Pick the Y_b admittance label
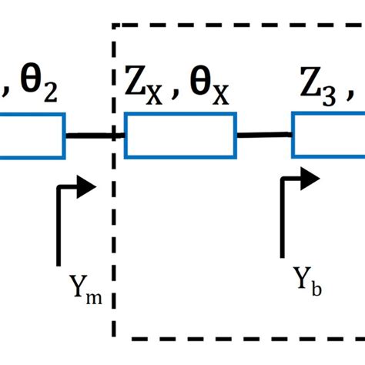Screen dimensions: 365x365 [306, 282]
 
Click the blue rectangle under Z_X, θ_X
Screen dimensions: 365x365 [180, 136]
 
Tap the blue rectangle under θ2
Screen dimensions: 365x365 [31, 136]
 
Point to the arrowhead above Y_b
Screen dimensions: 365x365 [310, 177]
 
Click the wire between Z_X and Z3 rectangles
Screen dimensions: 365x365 [263, 135]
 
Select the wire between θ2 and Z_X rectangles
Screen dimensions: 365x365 [94, 136]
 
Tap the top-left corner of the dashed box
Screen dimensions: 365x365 [115, 25]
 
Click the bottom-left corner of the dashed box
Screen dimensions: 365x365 [115, 338]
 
